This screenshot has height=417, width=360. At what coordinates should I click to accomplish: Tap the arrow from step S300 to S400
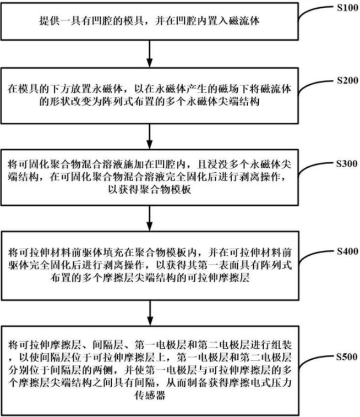[x=150, y=221]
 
